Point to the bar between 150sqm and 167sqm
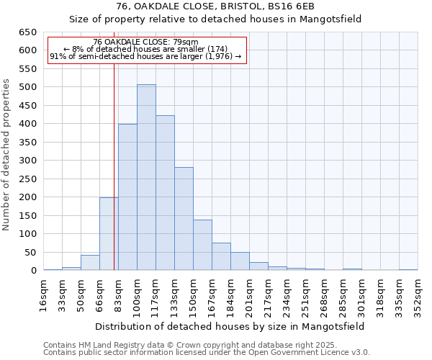(x=202, y=246)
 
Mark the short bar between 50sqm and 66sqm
(x=90, y=263)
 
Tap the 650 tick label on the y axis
(x=27, y=32)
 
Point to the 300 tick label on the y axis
(x=27, y=161)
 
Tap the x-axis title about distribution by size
(x=240, y=326)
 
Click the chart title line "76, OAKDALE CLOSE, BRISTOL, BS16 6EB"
(x=215, y=6)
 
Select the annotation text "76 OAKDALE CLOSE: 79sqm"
(x=146, y=42)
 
